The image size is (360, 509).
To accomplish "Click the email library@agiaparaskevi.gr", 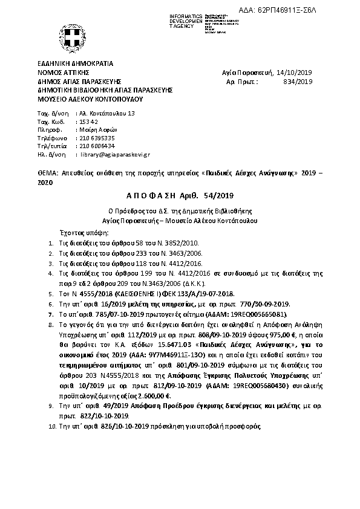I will pos(115,154).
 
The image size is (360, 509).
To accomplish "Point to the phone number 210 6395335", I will pos(97,138).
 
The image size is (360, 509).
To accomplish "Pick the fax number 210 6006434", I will pos(97,146).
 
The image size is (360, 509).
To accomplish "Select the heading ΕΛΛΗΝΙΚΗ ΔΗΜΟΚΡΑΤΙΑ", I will pos(75,63).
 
